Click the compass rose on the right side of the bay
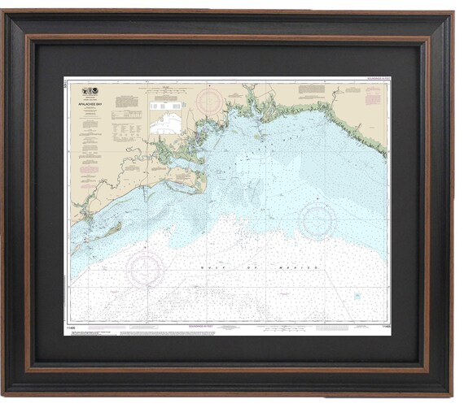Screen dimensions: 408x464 coord(317,220)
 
